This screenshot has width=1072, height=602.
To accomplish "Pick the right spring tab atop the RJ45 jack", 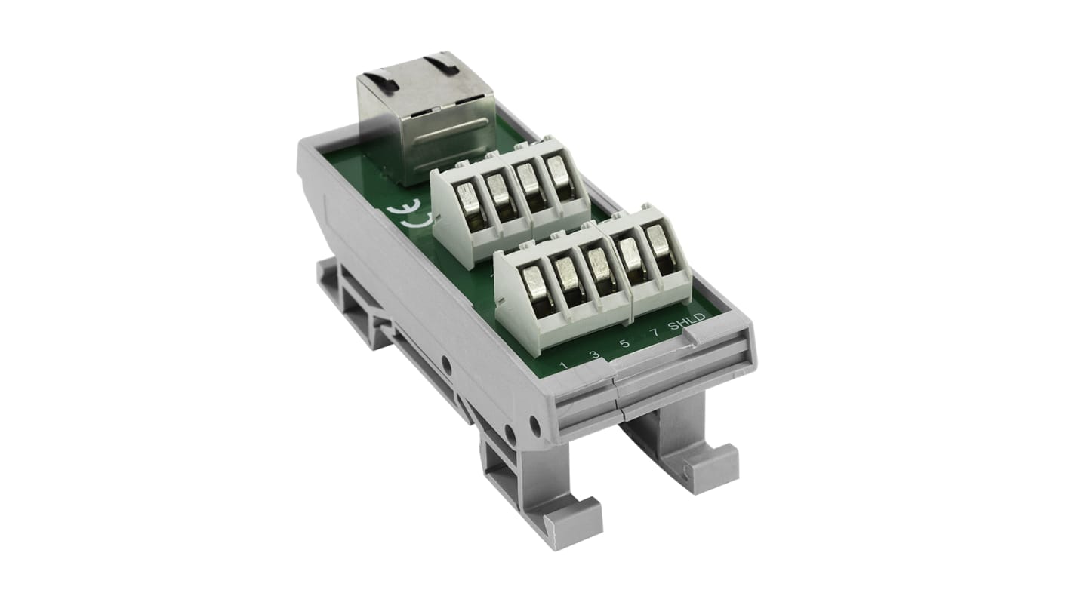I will point(441,65).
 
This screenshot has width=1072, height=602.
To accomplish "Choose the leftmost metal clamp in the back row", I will point(470,207).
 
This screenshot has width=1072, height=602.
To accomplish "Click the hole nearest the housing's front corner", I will point(534,427).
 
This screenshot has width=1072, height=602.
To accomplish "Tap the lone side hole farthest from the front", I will point(446,367).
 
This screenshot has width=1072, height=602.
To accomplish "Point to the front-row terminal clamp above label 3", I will point(568,277).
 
